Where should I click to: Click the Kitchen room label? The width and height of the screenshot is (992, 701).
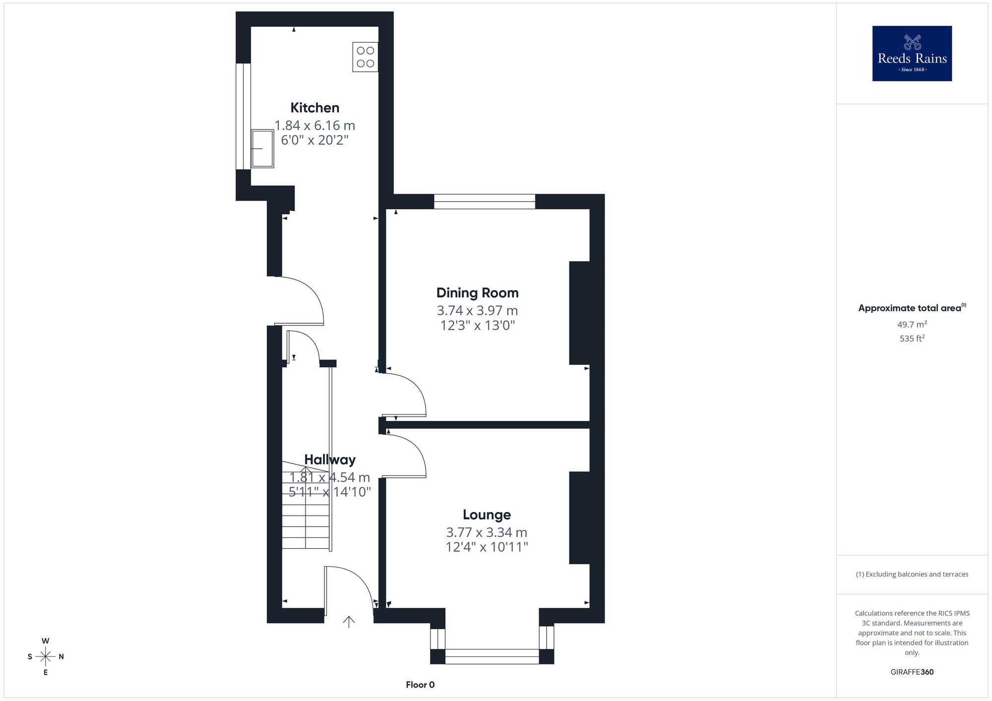click(x=314, y=108)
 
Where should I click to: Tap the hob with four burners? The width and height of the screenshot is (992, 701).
click(x=365, y=57)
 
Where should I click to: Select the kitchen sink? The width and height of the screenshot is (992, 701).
click(x=262, y=149)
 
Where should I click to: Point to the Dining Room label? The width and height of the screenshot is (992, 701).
click(x=477, y=293)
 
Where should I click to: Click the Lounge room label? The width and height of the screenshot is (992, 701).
click(x=487, y=515)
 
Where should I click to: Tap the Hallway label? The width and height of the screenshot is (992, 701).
click(x=330, y=460)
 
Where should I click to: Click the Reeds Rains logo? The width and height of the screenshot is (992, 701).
click(x=912, y=54)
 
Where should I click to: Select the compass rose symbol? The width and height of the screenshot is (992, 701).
click(x=46, y=656)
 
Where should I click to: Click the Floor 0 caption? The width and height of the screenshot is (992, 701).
click(x=420, y=685)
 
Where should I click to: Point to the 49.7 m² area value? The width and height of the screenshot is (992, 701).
click(x=912, y=325)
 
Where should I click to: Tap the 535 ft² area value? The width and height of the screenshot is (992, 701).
click(x=912, y=339)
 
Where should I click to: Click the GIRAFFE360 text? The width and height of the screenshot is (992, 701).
click(x=912, y=672)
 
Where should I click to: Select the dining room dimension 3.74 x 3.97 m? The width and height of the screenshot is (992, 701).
click(x=477, y=311)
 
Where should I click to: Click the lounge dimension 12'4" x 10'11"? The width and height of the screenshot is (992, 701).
click(x=487, y=547)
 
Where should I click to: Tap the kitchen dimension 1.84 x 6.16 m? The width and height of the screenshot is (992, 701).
click(x=314, y=125)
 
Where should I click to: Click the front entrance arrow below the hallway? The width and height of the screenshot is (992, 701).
click(x=349, y=622)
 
